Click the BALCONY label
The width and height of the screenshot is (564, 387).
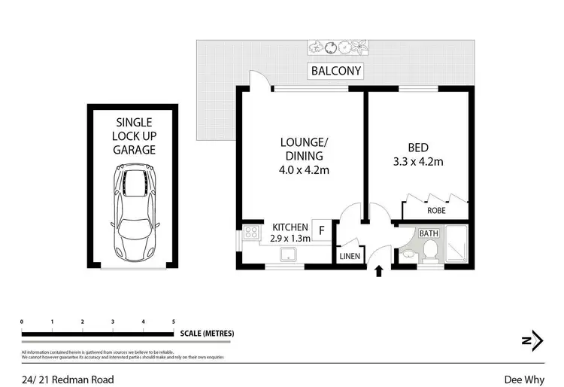pyautogui.click(x=335, y=72)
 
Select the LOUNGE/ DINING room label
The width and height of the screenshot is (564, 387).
pyautogui.click(x=305, y=156)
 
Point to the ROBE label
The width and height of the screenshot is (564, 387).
pyautogui.click(x=436, y=212)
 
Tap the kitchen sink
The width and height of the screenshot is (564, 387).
pyautogui.click(x=288, y=256)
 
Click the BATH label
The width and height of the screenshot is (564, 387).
pyautogui.click(x=429, y=234)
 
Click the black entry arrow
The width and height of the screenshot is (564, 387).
pyautogui.click(x=378, y=270)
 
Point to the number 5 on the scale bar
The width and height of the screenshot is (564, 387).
pyautogui.click(x=174, y=321)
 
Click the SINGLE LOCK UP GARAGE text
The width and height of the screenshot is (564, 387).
pyautogui.click(x=134, y=136)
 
